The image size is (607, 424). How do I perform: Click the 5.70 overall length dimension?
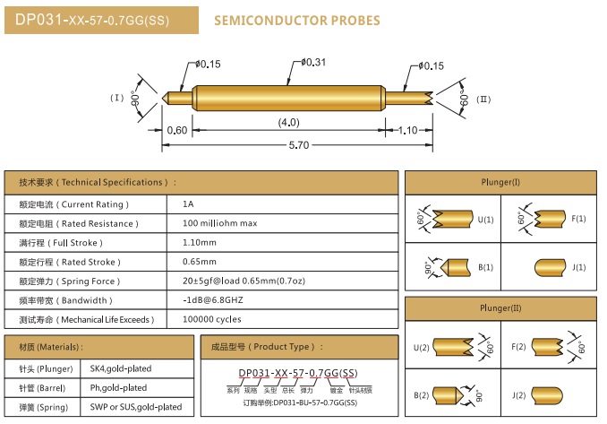pyautogui.click(x=298, y=145)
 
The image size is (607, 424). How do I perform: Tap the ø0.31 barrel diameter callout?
pyautogui.click(x=312, y=62)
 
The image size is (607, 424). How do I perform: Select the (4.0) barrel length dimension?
pyautogui.click(x=288, y=122)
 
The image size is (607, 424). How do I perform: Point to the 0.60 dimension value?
pyautogui.click(x=177, y=130)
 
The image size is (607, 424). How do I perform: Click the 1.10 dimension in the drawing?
pyautogui.click(x=407, y=130)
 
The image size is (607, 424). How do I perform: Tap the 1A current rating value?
pyautogui.click(x=188, y=204)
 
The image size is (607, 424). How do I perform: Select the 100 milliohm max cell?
pyautogui.click(x=219, y=223)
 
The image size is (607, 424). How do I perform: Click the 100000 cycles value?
pyautogui.click(x=211, y=319)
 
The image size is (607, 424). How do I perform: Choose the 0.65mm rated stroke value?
pyautogui.click(x=200, y=262)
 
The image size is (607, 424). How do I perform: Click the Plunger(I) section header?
pyautogui.click(x=500, y=182)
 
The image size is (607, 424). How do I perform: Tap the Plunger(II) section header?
pyautogui.click(x=500, y=308)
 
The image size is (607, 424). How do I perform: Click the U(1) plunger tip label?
pyautogui.click(x=485, y=219)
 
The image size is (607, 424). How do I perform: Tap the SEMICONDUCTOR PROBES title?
pyautogui.click(x=297, y=21)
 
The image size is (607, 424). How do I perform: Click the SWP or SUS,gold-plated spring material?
pyautogui.click(x=135, y=407)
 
